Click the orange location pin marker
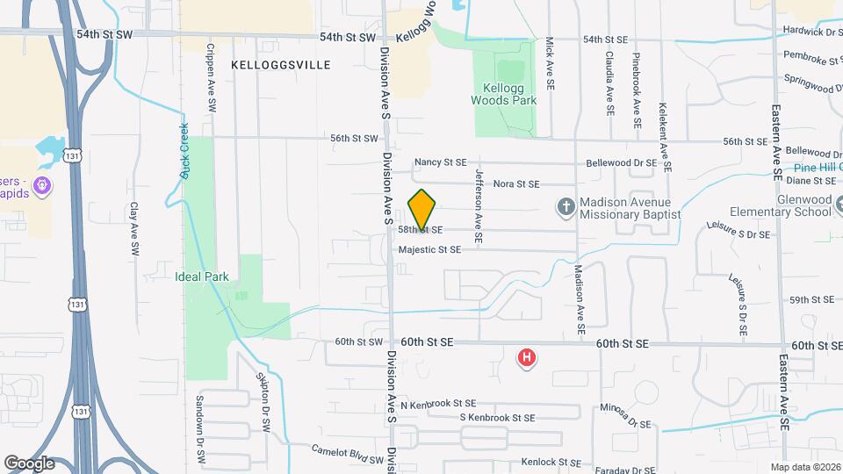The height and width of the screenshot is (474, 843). pos(422,210)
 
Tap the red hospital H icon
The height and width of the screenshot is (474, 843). pos(527,357)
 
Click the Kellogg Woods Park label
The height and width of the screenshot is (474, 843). pos(509,95)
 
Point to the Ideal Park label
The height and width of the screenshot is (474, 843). pos(201,276)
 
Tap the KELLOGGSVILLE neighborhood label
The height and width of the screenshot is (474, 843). pos(281,65)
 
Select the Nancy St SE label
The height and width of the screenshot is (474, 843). pos(441,162)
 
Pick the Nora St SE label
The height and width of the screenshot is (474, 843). pos(515,184)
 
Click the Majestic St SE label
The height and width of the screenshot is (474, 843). pos(429,250)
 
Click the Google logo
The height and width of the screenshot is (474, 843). pos(29,463)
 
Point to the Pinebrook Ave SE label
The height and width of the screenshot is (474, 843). pos(637,84)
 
